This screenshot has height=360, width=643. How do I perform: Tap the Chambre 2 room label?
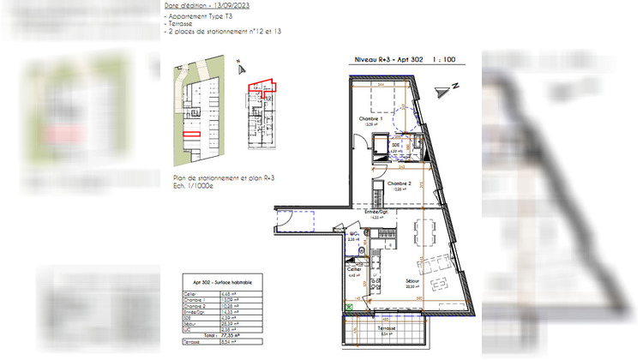(400, 184)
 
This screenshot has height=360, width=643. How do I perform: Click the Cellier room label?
(352, 269)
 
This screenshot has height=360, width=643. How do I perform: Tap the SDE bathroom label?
(395, 146)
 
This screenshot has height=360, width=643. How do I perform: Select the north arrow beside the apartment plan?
(443, 89)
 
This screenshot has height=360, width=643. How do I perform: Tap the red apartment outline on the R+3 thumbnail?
(262, 86)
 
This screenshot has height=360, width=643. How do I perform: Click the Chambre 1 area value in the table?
(225, 300)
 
